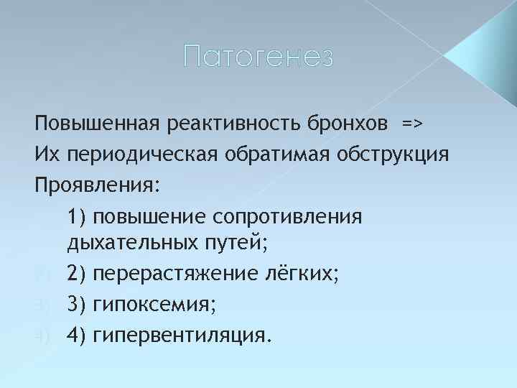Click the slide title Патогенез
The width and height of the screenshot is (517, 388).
[x=258, y=55]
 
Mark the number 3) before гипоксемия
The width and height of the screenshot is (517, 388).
[x=77, y=305]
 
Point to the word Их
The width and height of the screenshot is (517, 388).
[x=45, y=153]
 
